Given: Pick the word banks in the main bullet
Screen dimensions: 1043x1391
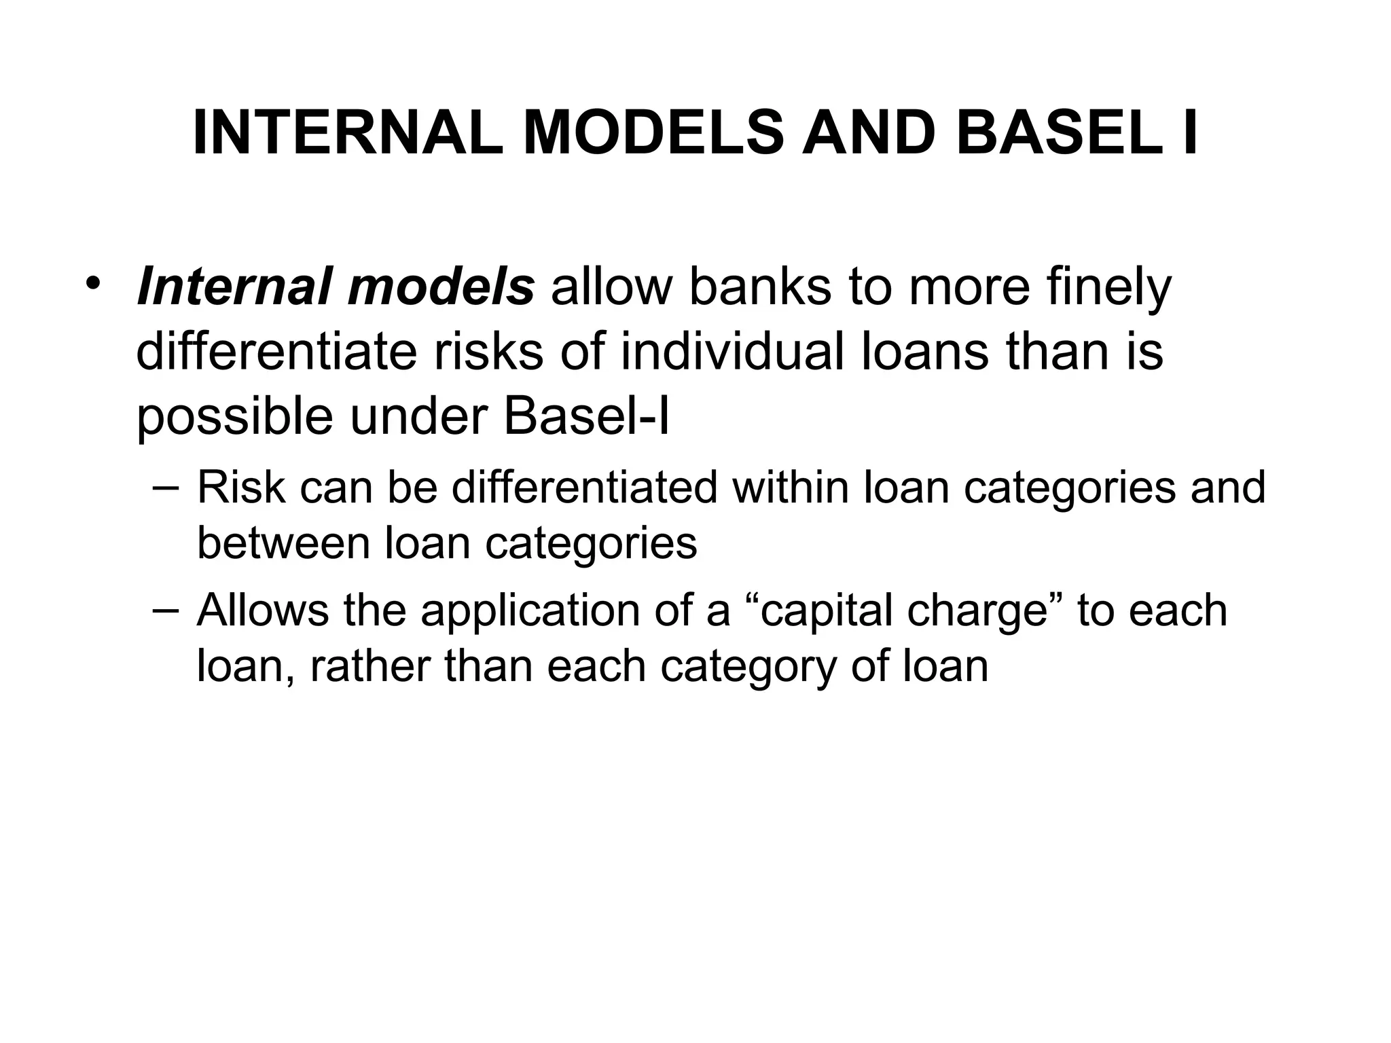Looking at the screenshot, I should [760, 287].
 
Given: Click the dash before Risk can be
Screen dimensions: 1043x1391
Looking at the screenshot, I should [166, 487].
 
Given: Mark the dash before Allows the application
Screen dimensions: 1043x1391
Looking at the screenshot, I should [166, 609].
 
